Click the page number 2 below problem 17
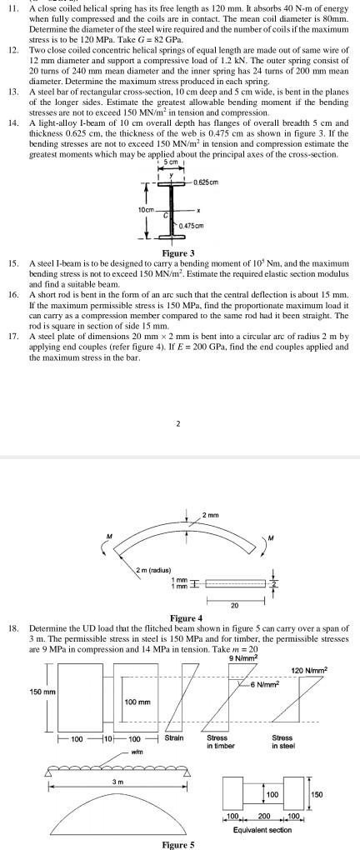(179, 422)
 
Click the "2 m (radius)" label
(154, 568)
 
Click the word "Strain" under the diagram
(175, 737)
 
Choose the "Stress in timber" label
(219, 742)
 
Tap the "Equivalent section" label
(260, 830)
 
